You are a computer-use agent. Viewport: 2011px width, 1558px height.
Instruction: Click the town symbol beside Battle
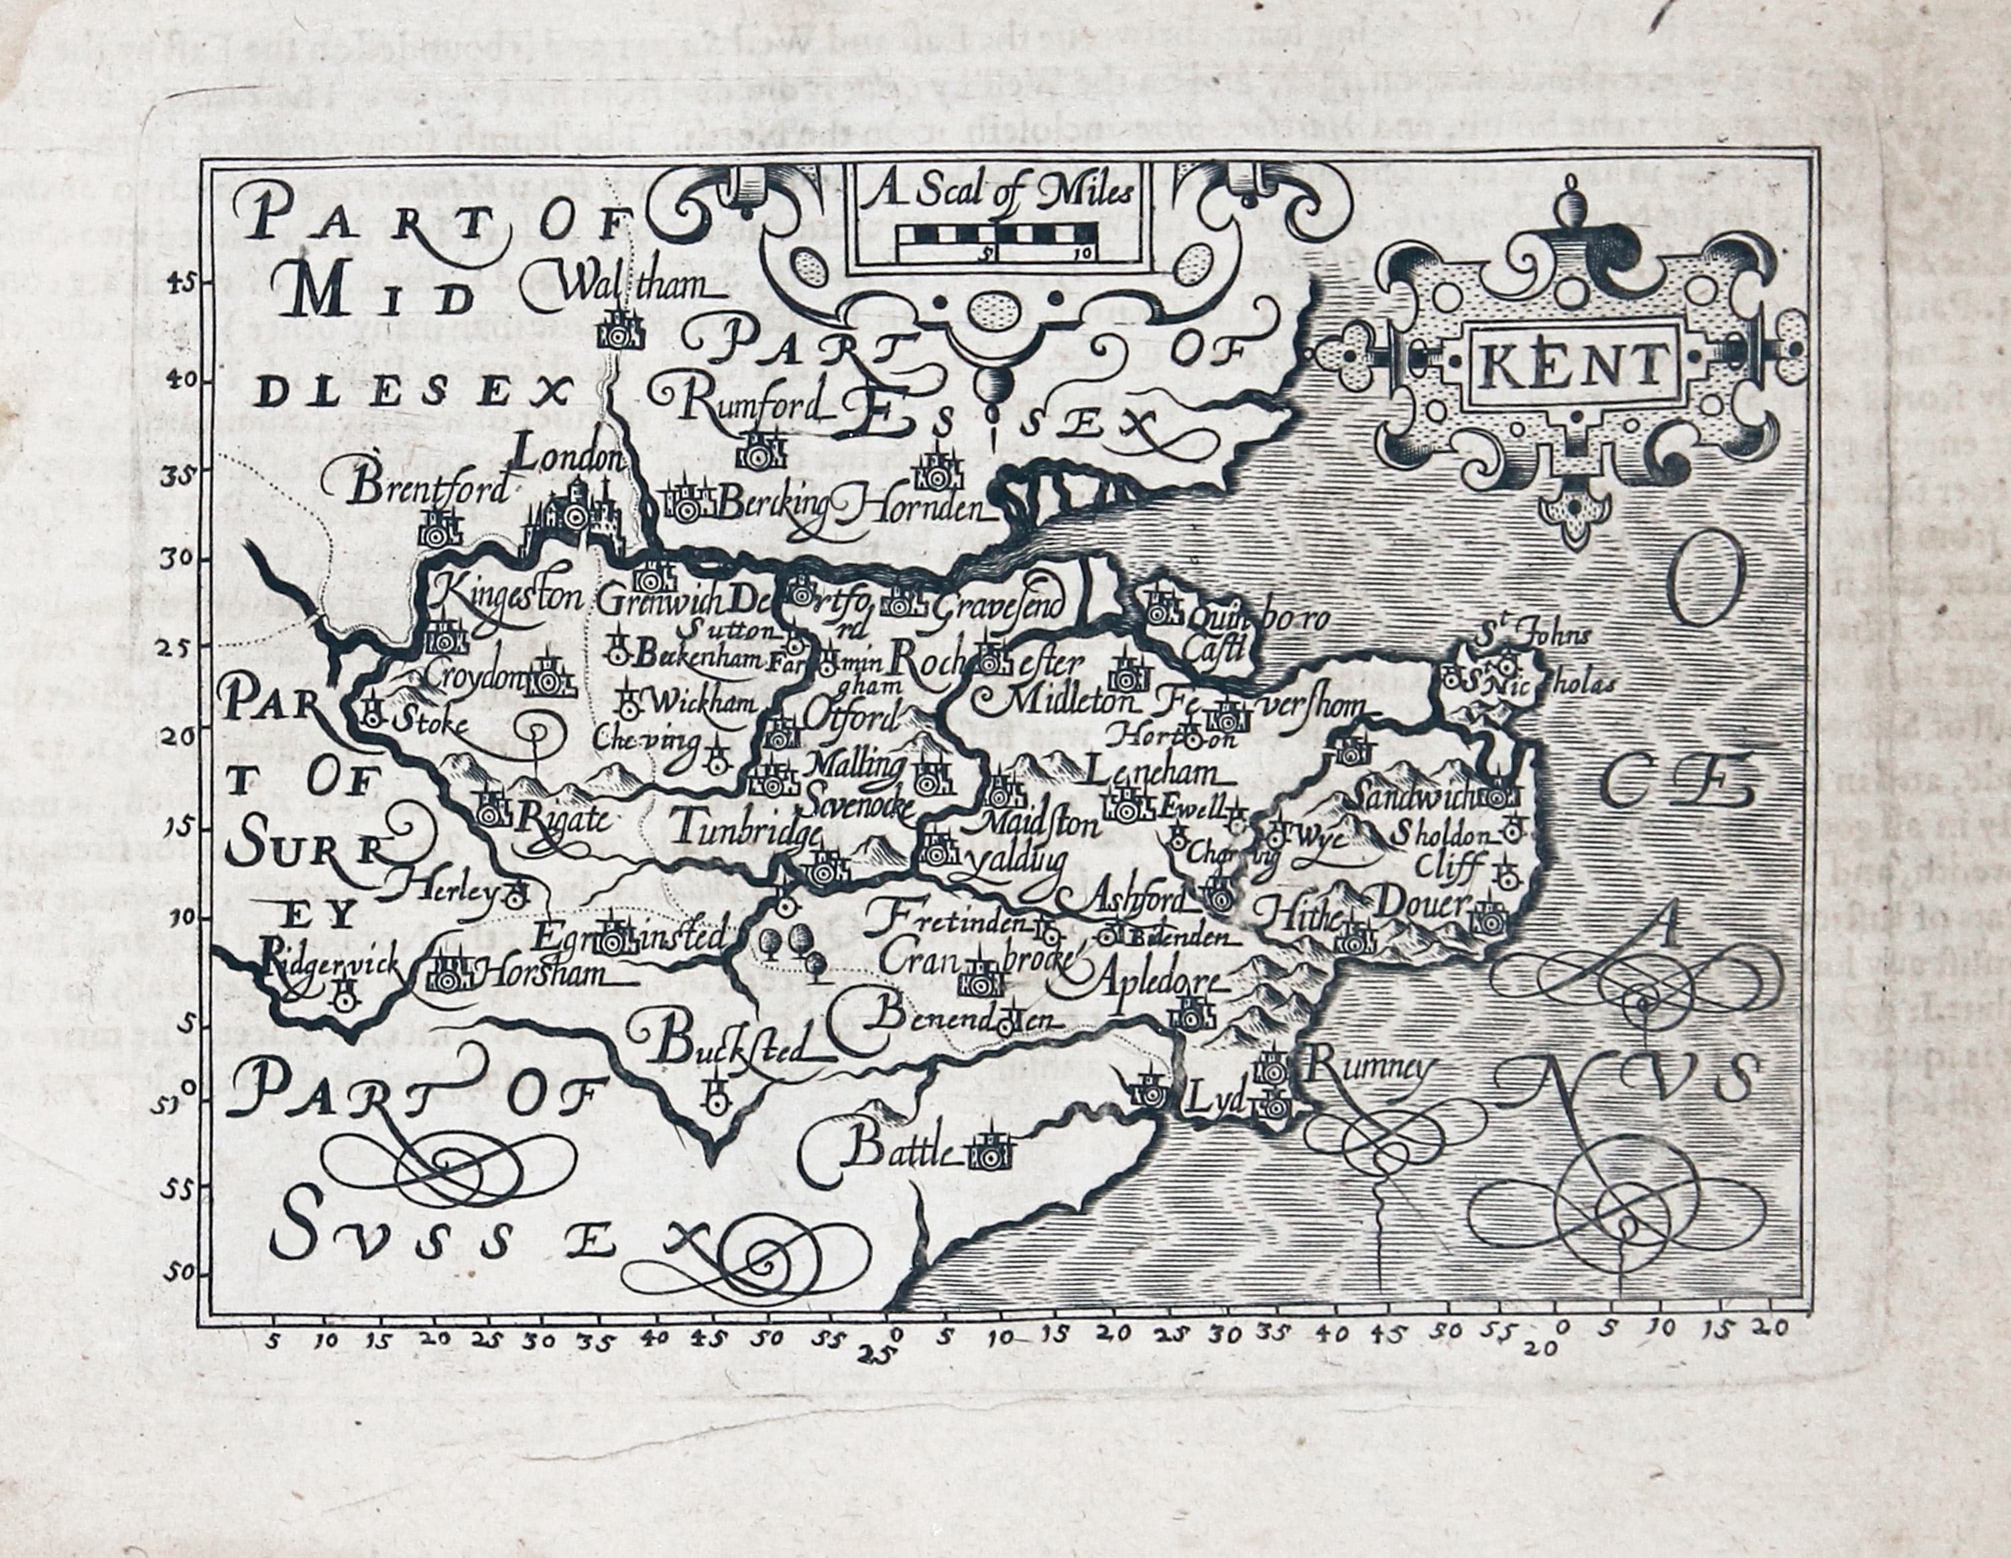989,1151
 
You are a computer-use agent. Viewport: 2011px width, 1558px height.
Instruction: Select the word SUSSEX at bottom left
442,1238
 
